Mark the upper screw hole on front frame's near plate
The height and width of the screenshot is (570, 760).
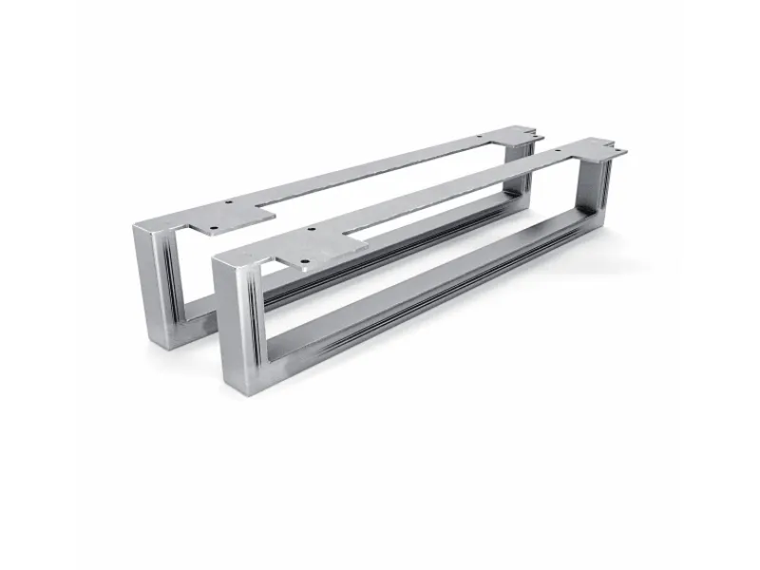pos(311,231)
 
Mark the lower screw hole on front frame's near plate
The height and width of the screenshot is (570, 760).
pos(304,265)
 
